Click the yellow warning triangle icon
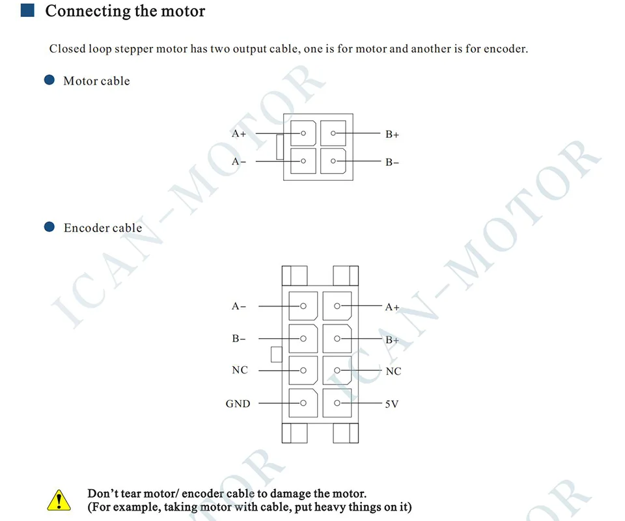click(59, 500)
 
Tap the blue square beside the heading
click(27, 11)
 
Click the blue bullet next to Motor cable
click(49, 81)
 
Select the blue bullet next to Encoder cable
click(49, 227)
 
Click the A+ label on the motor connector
click(239, 134)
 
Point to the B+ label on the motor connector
click(392, 135)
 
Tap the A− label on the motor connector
click(239, 161)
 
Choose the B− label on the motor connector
click(392, 163)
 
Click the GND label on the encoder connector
click(238, 404)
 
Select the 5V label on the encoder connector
click(392, 404)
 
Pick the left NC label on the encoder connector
click(240, 370)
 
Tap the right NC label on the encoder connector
click(393, 371)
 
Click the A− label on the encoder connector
click(239, 306)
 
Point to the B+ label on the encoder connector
click(392, 340)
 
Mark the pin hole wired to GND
click(303, 403)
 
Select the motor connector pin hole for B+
click(333, 133)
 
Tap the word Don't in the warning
click(104, 494)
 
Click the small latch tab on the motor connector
click(279, 147)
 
